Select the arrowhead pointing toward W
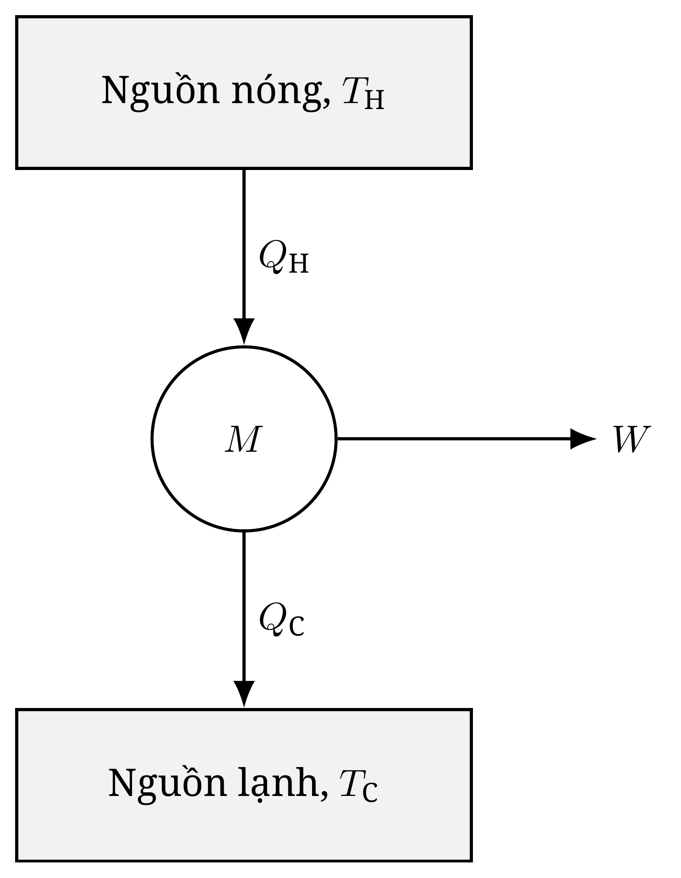(583, 439)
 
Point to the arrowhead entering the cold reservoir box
(244, 694)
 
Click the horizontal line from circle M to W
(454, 439)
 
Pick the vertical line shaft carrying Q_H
(244, 243)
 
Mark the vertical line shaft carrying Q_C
(244, 606)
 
